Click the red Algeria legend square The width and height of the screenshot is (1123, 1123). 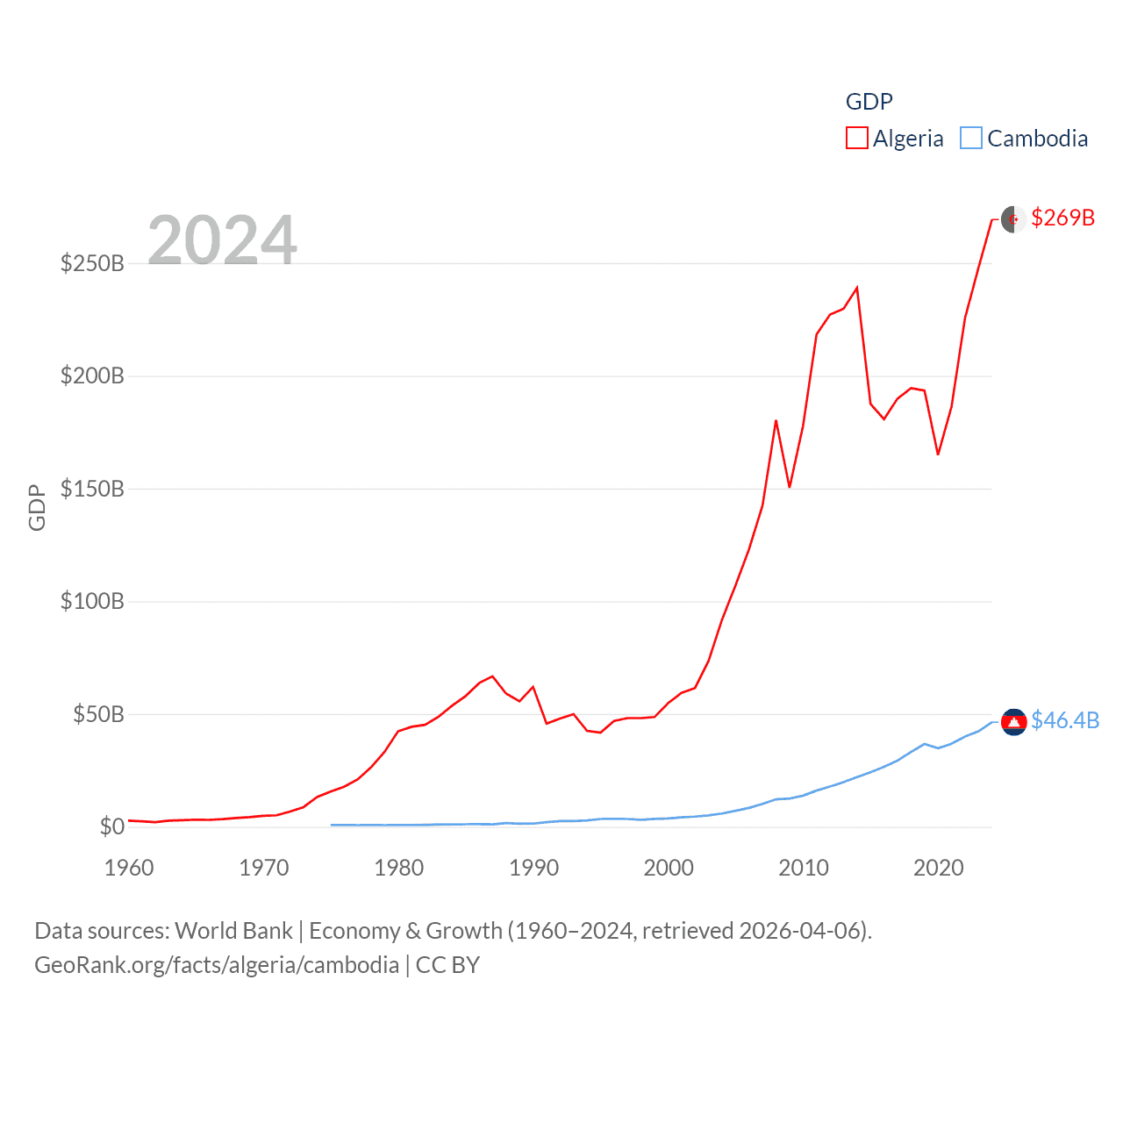click(856, 139)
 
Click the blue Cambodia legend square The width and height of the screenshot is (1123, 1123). click(970, 139)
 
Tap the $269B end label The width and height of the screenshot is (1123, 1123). click(1062, 218)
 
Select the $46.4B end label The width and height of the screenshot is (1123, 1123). click(1065, 720)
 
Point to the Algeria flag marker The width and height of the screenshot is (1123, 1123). click(1013, 218)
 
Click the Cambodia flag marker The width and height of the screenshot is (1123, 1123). click(1013, 721)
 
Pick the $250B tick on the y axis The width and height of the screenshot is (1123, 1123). click(92, 263)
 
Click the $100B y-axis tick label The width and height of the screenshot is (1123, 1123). click(92, 601)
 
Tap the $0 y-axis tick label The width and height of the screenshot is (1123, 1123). click(111, 826)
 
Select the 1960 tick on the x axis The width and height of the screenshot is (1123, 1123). click(129, 868)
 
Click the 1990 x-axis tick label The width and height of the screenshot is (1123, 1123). click(533, 868)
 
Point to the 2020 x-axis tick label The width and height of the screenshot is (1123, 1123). click(938, 868)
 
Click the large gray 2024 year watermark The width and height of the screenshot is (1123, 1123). click(222, 240)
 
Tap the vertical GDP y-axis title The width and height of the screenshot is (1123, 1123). click(37, 507)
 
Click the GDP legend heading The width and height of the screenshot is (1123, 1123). click(869, 102)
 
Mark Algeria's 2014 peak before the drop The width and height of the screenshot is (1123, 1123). click(856, 288)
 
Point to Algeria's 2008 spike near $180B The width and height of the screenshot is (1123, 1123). click(776, 421)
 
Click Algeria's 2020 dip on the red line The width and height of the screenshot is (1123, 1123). click(938, 454)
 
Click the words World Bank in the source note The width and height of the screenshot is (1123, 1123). click(233, 930)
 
